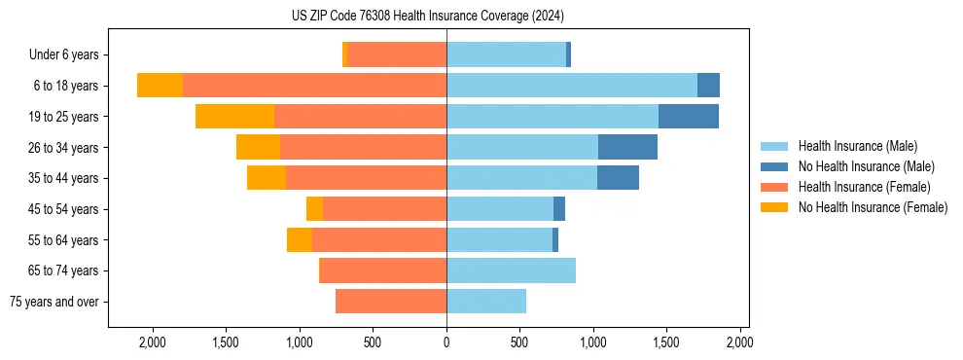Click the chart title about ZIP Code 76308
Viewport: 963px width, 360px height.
428,16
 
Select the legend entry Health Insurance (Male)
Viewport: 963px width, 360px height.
857,146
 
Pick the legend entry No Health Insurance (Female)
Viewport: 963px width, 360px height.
873,207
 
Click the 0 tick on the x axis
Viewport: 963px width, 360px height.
446,342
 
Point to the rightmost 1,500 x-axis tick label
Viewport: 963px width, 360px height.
666,342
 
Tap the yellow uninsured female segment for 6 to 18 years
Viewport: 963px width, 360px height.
160,86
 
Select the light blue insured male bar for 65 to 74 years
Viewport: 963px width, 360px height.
511,270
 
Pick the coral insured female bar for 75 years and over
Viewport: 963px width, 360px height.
391,302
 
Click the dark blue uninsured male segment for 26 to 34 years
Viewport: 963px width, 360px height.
627,147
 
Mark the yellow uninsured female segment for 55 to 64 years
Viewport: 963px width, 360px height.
300,240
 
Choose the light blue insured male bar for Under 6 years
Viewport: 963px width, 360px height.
506,55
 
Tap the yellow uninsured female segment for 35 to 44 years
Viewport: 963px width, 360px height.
267,178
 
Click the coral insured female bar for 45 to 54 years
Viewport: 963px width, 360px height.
384,209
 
